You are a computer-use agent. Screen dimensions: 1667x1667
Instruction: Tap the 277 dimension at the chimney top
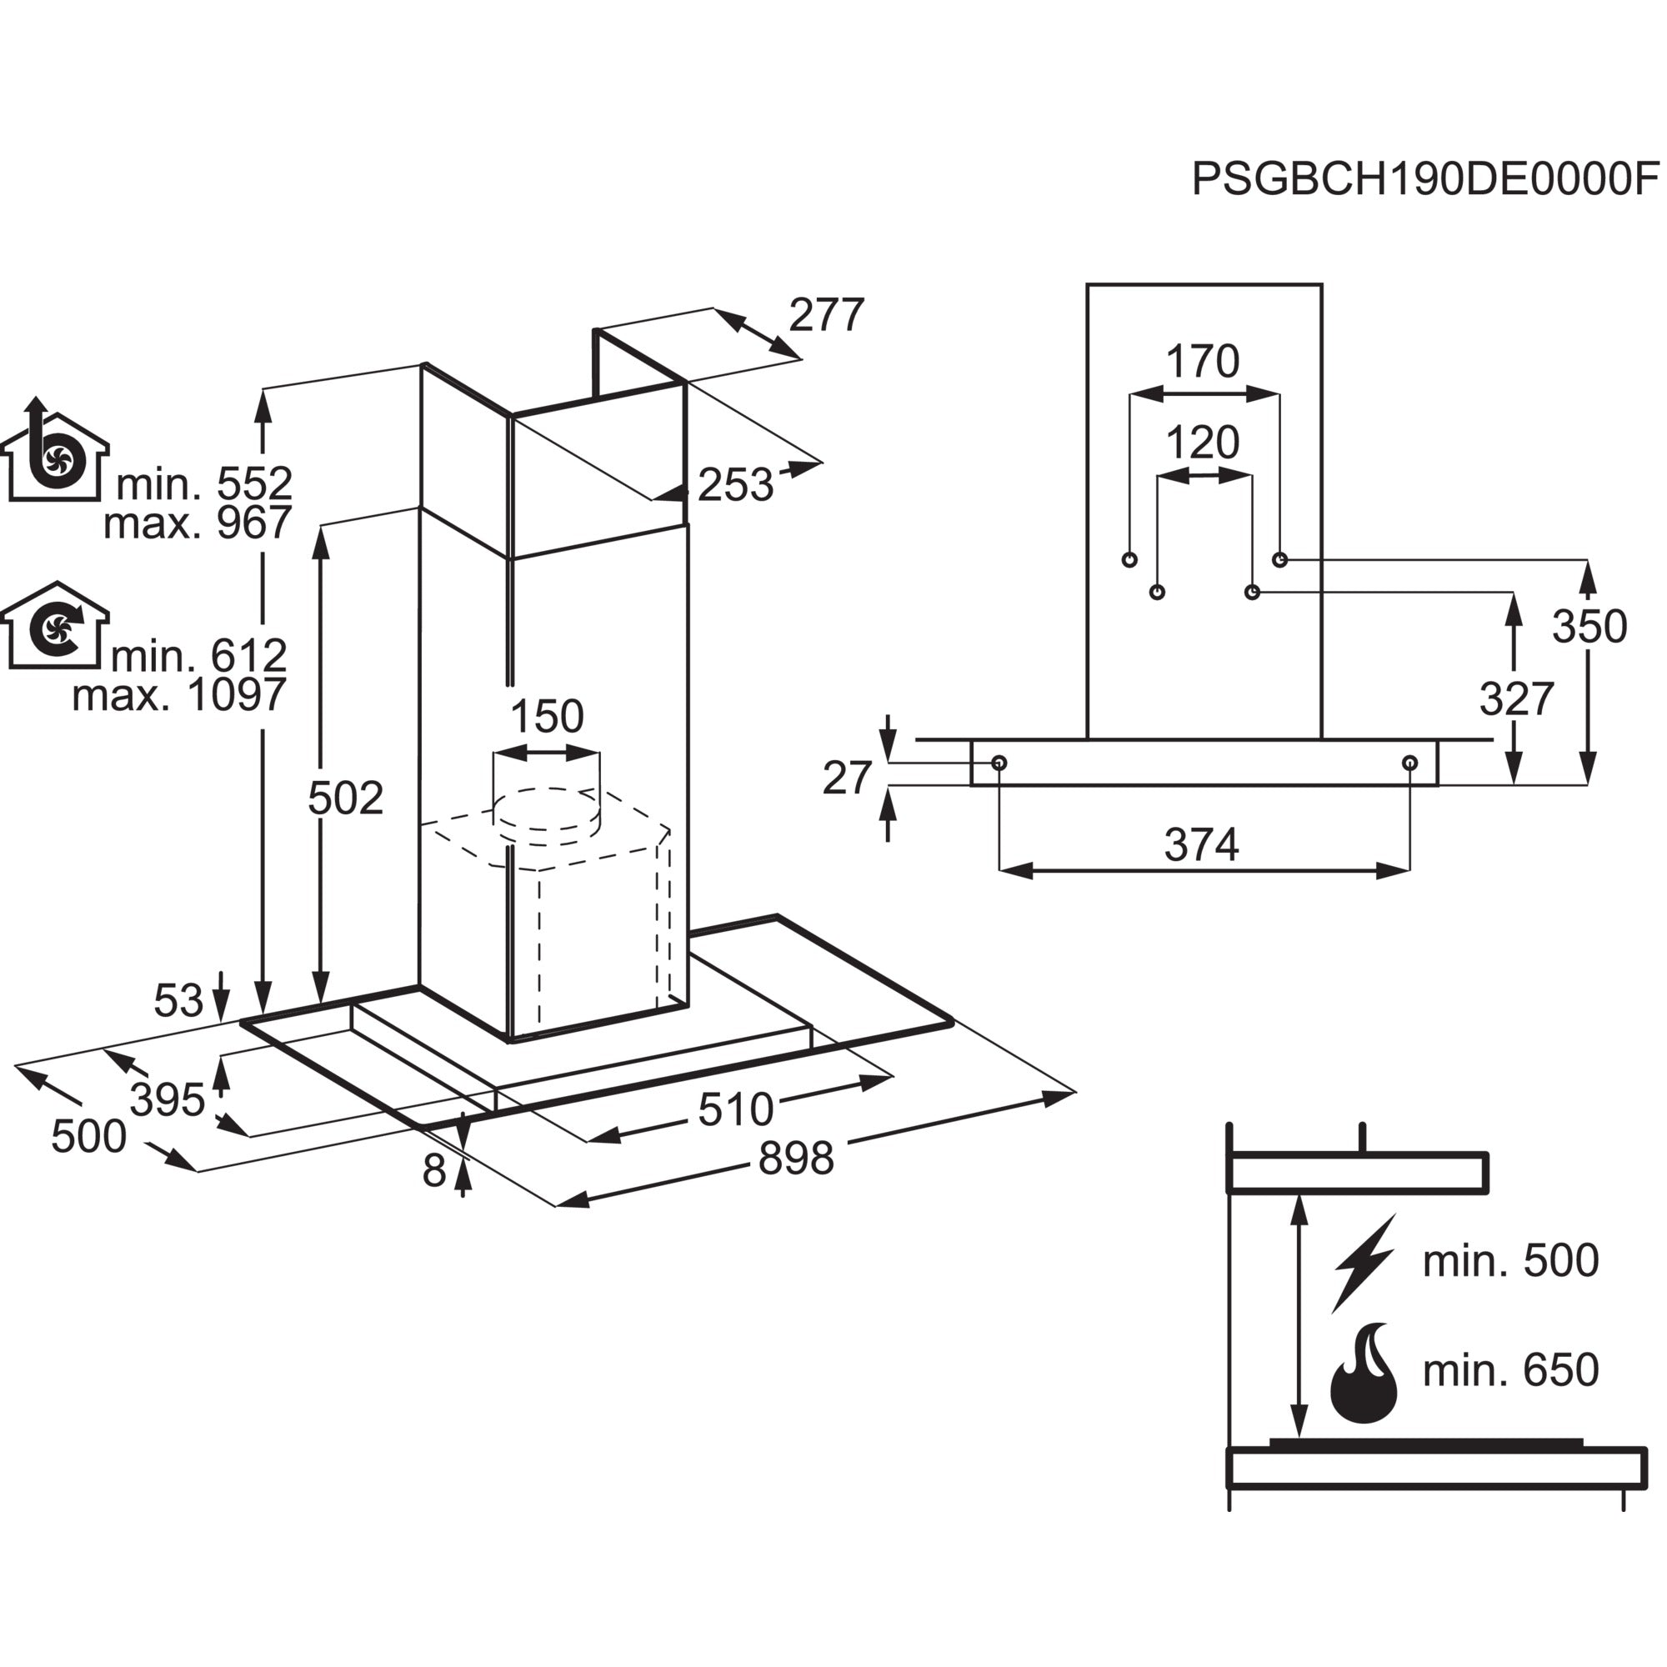point(826,315)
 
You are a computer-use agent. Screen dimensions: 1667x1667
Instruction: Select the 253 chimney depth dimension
point(735,485)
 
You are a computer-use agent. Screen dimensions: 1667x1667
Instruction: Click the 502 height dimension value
point(345,798)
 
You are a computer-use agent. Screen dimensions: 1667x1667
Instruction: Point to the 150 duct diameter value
point(547,716)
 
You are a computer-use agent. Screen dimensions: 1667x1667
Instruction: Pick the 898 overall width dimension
point(795,1159)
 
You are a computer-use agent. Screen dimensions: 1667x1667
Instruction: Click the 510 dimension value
point(735,1109)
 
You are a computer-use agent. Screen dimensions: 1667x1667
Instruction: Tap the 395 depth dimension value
point(168,1100)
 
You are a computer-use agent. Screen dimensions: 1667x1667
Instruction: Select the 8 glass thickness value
point(434,1171)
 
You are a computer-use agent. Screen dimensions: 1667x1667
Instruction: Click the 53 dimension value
point(178,1001)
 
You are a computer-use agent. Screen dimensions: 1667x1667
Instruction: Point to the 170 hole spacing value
point(1202,362)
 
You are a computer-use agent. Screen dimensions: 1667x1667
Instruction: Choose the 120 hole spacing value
point(1202,443)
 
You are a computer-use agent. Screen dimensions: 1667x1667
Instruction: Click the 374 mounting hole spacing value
point(1201,844)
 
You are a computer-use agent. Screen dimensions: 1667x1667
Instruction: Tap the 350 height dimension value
point(1589,627)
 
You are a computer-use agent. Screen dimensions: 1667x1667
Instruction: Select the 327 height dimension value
point(1516,699)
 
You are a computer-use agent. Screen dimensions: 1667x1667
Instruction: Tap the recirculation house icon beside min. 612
point(55,626)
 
